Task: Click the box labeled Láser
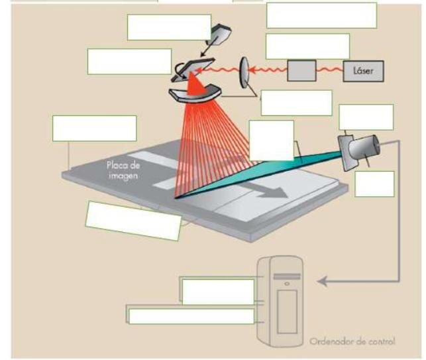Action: pyautogui.click(x=364, y=71)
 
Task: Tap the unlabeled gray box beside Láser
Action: pyautogui.click(x=301, y=71)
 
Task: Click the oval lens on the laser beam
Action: pyautogui.click(x=244, y=72)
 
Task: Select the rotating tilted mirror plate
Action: pyautogui.click(x=192, y=70)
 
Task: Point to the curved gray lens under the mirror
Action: pyautogui.click(x=195, y=95)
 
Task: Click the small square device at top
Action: pyautogui.click(x=219, y=33)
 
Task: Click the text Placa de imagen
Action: pyautogui.click(x=123, y=170)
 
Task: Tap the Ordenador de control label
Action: pyautogui.click(x=352, y=341)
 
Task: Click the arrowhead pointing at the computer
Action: pyautogui.click(x=322, y=282)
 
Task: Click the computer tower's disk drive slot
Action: pyautogui.click(x=287, y=277)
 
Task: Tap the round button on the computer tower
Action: pyautogui.click(x=287, y=284)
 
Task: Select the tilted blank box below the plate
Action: pyautogui.click(x=133, y=221)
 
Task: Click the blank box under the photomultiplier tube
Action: pyautogui.click(x=374, y=184)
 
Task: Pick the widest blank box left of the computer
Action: pyautogui.click(x=191, y=316)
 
